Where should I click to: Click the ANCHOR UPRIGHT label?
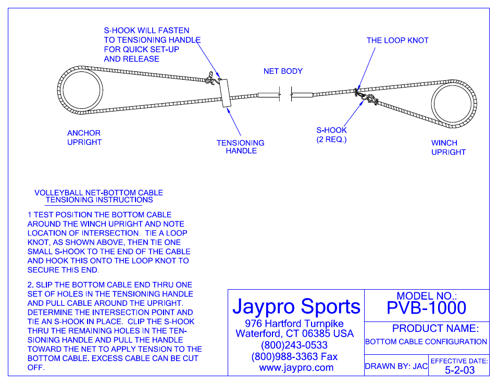pos(84,138)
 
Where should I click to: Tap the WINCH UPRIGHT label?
pos(448,147)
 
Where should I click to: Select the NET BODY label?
pos(283,71)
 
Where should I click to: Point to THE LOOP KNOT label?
pos(397,41)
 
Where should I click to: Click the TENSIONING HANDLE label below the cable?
pos(241,147)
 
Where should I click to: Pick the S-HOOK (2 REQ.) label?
pos(331,135)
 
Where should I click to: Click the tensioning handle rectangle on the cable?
pos(225,93)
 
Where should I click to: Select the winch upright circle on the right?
pos(453,104)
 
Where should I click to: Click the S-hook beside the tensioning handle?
pos(212,78)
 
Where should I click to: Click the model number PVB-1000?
pos(426,307)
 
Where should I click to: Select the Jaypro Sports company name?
pos(296,306)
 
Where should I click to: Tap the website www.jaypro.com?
pos(296,367)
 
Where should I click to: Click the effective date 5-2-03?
pos(459,370)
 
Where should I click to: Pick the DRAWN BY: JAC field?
pos(396,366)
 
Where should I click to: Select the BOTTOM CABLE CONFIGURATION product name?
pos(426,342)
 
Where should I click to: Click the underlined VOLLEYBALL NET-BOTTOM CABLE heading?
pos(98,193)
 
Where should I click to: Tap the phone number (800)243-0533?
pos(294,345)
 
